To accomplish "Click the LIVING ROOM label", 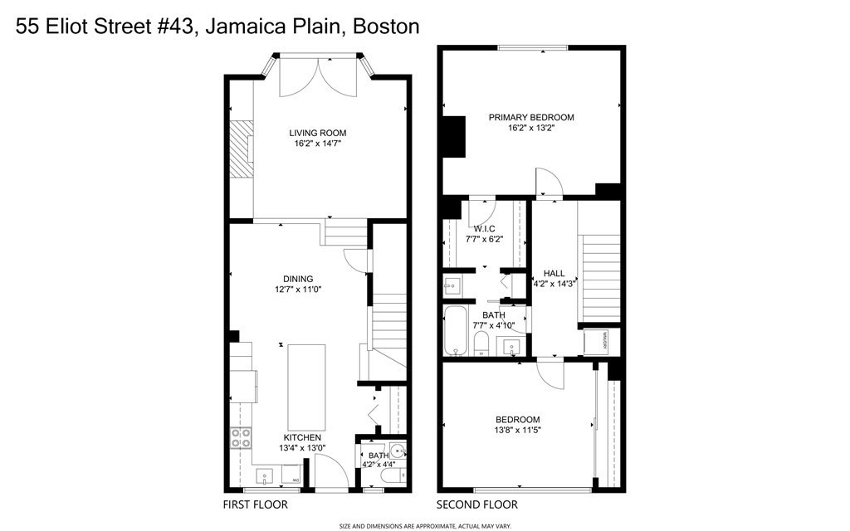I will (x=317, y=133).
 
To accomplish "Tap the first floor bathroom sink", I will (x=398, y=453).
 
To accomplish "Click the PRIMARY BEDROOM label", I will (x=530, y=117).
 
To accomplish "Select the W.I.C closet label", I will (x=484, y=229).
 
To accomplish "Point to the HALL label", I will (x=554, y=273).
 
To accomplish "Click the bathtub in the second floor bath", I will (x=457, y=330).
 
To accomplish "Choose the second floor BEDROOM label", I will (x=517, y=420).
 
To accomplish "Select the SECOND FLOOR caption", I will (x=477, y=504).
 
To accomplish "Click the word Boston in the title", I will (x=386, y=26).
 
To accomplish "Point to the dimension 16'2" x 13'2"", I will (x=530, y=128).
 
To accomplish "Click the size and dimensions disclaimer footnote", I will (x=425, y=525).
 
